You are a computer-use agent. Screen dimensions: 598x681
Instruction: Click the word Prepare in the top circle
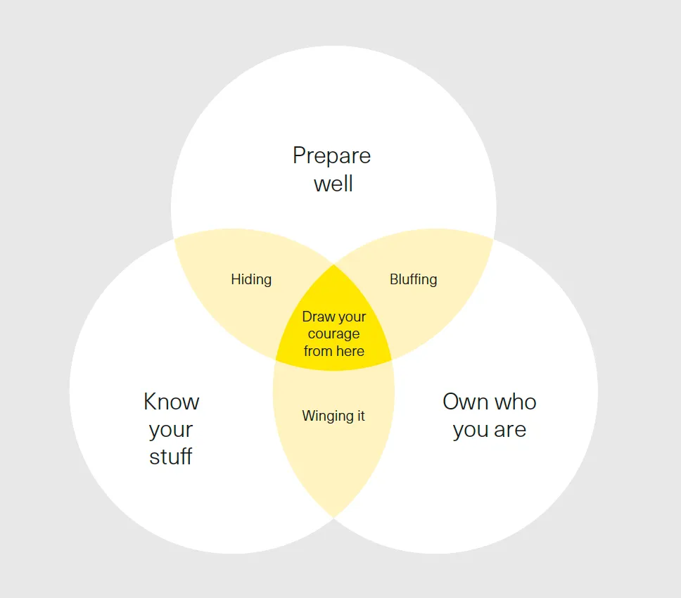point(331,155)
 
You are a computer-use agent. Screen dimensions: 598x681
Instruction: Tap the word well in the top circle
point(333,184)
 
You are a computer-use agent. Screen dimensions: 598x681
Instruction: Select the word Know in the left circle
point(171,402)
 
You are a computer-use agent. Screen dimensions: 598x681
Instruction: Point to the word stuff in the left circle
point(171,457)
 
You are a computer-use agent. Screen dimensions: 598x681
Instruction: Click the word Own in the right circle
point(464,402)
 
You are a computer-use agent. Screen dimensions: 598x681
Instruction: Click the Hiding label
point(251,279)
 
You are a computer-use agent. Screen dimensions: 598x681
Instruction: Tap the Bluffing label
point(413,279)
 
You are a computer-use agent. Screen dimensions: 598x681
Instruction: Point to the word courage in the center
point(333,334)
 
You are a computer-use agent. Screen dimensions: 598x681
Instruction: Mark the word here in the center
point(350,351)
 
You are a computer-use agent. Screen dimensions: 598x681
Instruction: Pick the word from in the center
point(318,351)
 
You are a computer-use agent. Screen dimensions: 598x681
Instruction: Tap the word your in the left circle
point(171,430)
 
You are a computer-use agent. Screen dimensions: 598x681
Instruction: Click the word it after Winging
point(359,416)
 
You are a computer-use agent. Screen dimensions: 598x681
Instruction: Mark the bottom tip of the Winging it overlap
point(333,516)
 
